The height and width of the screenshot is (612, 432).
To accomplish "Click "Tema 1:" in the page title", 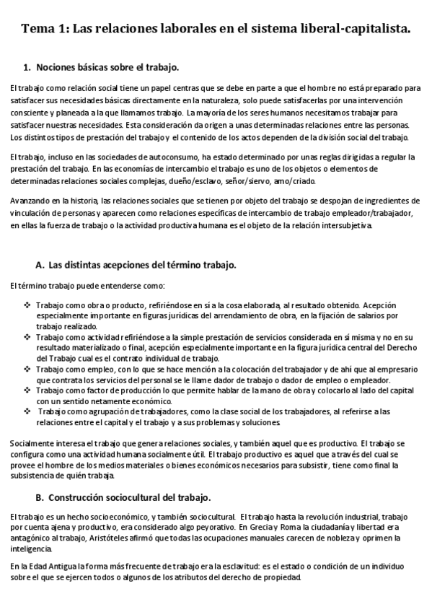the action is [45, 30].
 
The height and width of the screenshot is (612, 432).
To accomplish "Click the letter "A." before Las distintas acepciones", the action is [40, 265].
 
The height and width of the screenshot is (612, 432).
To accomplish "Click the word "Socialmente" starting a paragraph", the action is [31, 442].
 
